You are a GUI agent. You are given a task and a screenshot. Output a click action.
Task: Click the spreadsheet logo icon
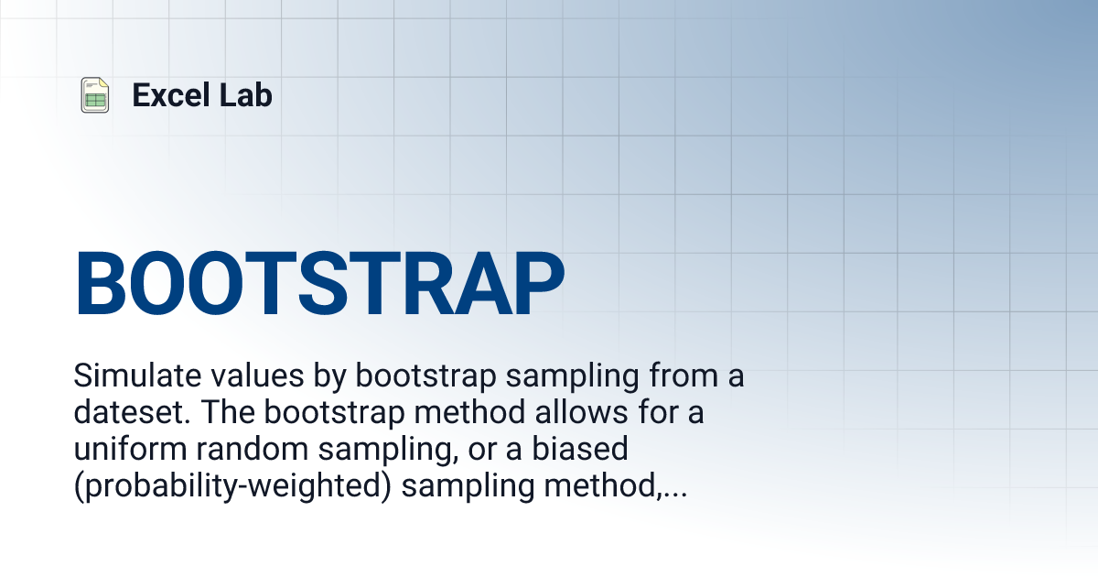pyautogui.click(x=94, y=95)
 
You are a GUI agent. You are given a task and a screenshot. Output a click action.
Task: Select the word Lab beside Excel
pyautogui.click(x=246, y=95)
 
